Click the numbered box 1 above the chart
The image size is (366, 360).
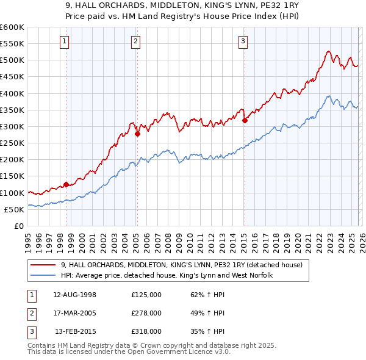64,41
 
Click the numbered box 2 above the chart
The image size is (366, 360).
135,41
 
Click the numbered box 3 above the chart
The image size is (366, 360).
243,41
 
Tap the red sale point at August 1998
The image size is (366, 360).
66,184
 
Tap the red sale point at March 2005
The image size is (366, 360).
137,134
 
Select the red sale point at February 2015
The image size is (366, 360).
245,120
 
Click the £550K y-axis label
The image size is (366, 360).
12,44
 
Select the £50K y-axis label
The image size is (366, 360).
14,209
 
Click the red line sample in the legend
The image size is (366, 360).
43,265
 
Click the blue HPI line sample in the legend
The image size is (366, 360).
43,275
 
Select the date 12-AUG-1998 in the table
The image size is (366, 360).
75,295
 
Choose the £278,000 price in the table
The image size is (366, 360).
146,313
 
